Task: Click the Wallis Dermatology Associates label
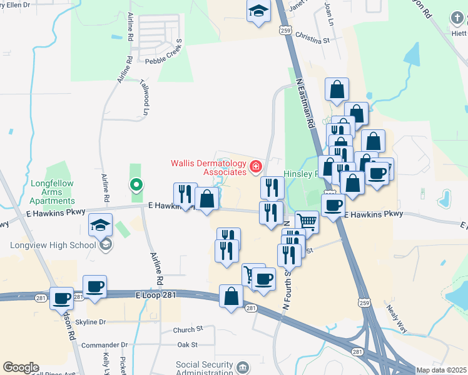208,167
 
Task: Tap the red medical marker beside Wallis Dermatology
255,167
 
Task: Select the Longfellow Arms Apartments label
53,192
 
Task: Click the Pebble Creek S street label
163,61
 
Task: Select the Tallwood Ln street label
146,102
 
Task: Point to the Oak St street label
187,344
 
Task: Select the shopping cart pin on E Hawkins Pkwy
307,221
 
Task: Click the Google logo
21,367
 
